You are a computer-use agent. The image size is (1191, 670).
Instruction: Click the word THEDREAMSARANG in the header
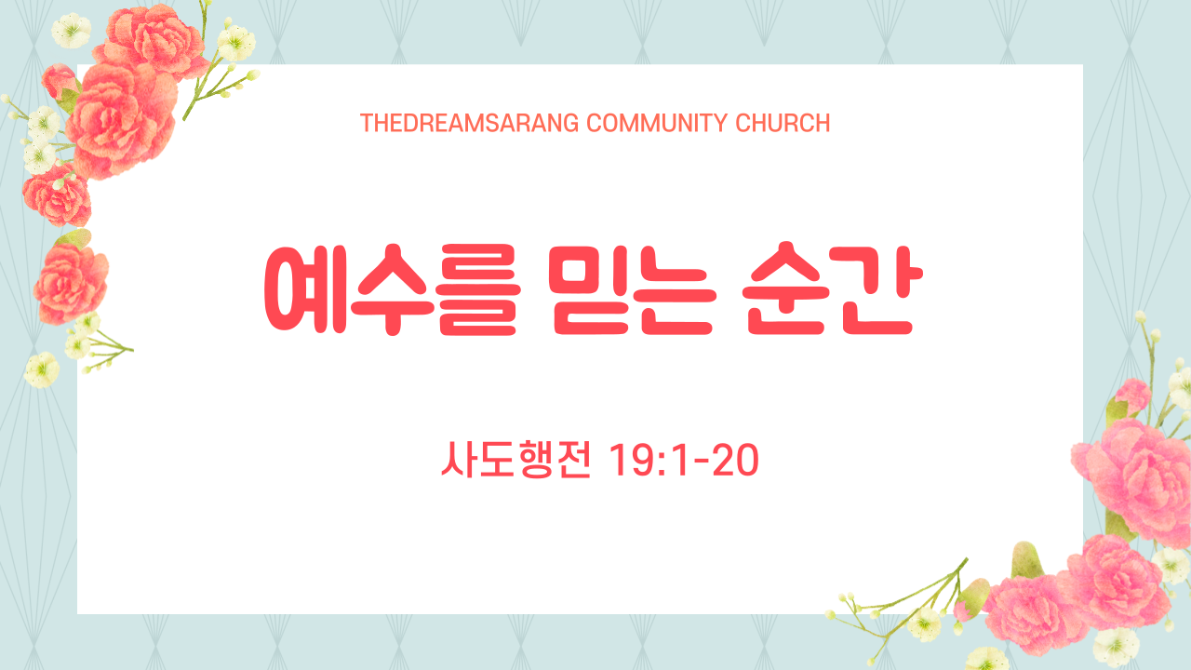point(470,124)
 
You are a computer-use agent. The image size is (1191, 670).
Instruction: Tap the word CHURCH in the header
point(783,124)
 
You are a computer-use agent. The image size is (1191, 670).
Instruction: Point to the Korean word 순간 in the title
point(832,288)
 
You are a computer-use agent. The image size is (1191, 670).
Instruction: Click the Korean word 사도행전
point(515,460)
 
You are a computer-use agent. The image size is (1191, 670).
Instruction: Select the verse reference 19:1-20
point(684,460)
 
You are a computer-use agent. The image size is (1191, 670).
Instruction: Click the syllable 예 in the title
point(306,289)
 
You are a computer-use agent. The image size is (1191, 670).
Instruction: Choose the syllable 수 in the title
point(393,289)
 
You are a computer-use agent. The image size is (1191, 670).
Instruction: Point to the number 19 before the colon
point(633,460)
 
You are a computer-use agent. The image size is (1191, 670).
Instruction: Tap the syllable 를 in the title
point(479,289)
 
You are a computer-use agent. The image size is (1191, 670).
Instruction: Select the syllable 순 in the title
point(786,288)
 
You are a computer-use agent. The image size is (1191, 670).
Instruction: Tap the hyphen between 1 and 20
point(702,462)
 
